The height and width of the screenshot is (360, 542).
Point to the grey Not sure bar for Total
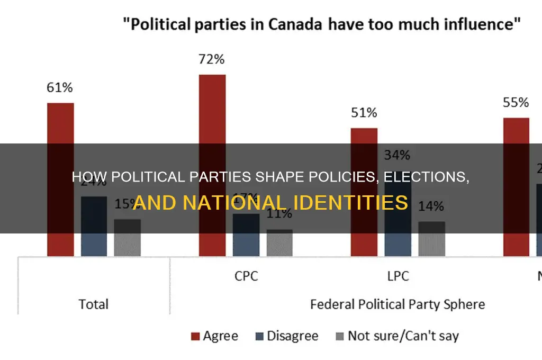tap(127, 238)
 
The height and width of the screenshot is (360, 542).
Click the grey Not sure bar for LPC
tap(431, 239)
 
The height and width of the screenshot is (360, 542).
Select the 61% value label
tap(60, 87)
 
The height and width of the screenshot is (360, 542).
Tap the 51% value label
tap(364, 113)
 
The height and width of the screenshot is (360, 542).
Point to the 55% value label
tap(516, 102)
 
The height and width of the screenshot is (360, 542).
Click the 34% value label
tap(398, 155)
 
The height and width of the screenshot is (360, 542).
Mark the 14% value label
tap(432, 208)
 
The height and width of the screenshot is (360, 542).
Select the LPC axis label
tap(398, 276)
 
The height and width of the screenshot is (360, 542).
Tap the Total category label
tap(93, 304)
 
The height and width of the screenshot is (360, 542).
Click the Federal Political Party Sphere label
tap(398, 304)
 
